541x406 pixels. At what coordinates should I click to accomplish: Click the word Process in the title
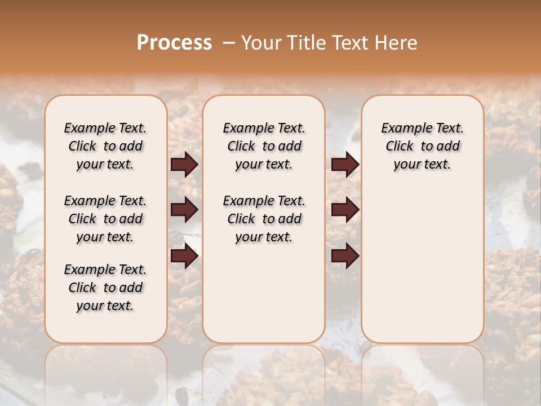point(174,43)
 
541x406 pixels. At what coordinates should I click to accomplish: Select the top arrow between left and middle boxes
point(184,165)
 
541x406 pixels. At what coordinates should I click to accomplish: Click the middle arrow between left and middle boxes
point(184,210)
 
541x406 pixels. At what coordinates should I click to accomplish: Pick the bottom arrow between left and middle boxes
point(184,257)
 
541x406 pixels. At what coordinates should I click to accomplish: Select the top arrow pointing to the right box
point(345,165)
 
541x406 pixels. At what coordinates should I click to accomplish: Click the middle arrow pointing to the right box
point(345,210)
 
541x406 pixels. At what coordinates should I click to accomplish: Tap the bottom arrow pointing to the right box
point(345,257)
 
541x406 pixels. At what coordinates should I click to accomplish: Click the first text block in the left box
point(105,146)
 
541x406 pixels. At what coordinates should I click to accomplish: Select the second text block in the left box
point(105,219)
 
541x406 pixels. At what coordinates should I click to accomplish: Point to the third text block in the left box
point(105,288)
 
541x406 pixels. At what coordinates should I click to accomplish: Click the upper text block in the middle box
point(264,146)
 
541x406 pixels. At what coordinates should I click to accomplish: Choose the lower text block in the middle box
point(264,219)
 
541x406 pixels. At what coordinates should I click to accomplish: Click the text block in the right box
point(422,146)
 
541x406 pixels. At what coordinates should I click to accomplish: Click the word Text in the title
point(350,43)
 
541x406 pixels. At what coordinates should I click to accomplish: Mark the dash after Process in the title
point(229,43)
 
